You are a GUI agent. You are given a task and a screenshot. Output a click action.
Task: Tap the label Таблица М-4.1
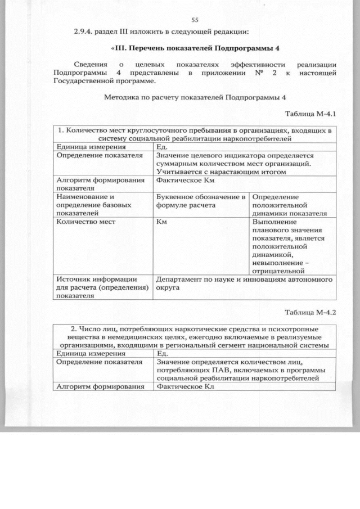310,114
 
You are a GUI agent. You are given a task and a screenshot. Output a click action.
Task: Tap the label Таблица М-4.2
310,313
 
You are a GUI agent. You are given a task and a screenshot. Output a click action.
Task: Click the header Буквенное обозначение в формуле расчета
201,201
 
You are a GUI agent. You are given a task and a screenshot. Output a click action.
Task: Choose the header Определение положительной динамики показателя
290,205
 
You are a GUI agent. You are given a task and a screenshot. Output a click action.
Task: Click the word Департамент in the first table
181,278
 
